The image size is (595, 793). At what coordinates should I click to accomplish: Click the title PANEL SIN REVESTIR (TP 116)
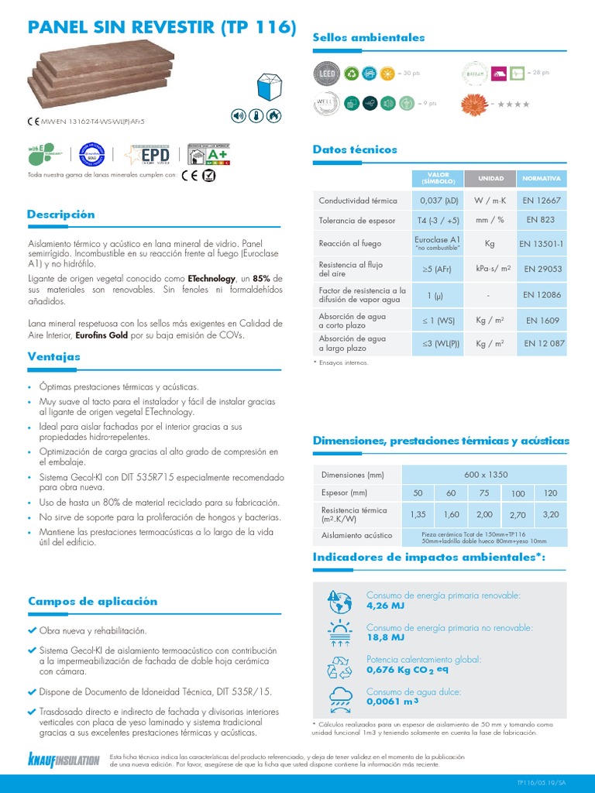[x=162, y=28]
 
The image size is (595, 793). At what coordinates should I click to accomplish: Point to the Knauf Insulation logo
[x=64, y=759]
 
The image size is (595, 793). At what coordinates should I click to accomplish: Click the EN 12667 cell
[x=542, y=201]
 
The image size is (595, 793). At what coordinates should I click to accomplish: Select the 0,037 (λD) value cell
[x=439, y=201]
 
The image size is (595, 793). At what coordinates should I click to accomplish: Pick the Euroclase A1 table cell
[x=439, y=242]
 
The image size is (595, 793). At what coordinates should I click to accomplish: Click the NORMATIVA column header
[x=542, y=178]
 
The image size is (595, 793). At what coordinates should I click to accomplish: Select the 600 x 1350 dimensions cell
[x=483, y=474]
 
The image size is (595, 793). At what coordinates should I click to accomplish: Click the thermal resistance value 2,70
[x=518, y=514]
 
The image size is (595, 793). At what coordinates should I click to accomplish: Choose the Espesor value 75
[x=484, y=493]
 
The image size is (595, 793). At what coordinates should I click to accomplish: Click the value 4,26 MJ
[x=385, y=606]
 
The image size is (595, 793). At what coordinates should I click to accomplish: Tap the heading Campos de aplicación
[x=92, y=601]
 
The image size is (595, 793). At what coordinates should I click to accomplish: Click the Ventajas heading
[x=53, y=357]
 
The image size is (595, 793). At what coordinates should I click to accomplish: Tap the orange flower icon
[x=475, y=102]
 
